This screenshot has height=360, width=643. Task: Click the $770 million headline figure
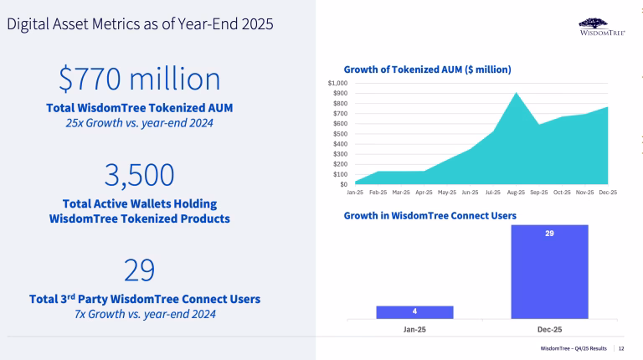click(140, 80)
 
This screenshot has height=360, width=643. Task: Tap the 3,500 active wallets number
click(140, 175)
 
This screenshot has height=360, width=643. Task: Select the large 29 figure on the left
click(140, 270)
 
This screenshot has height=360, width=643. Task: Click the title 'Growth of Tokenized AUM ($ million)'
click(427, 69)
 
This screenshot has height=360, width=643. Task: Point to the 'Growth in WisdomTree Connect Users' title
click(430, 215)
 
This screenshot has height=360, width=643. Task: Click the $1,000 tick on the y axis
click(337, 84)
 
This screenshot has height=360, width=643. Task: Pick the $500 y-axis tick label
click(339, 134)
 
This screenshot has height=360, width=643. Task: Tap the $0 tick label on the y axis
click(343, 184)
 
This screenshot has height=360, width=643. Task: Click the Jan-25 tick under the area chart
click(355, 192)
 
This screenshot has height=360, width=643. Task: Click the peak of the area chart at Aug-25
click(515, 94)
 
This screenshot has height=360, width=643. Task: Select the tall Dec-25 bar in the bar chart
click(549, 272)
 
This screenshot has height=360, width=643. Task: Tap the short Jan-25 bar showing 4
click(414, 311)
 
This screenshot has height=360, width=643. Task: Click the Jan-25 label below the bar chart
click(414, 330)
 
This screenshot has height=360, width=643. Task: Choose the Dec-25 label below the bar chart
click(549, 330)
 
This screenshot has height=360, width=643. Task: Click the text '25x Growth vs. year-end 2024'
click(140, 124)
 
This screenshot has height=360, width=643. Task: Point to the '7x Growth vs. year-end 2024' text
click(140, 313)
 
